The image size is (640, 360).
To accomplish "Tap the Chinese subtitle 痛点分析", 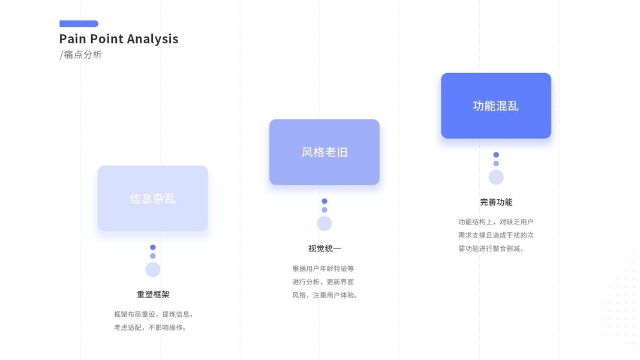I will pyautogui.click(x=83, y=55).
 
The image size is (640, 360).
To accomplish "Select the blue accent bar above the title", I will pyautogui.click(x=79, y=24).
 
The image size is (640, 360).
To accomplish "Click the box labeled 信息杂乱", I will pyautogui.click(x=152, y=198).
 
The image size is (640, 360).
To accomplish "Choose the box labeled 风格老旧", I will pyautogui.click(x=324, y=152).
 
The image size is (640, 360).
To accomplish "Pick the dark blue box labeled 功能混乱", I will pyautogui.click(x=495, y=106).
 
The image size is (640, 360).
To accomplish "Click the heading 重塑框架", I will pyautogui.click(x=153, y=295).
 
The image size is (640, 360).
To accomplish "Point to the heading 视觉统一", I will pyautogui.click(x=324, y=248).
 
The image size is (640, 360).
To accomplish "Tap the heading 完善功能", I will pyautogui.click(x=496, y=202).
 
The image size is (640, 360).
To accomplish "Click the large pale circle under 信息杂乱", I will pyautogui.click(x=153, y=269).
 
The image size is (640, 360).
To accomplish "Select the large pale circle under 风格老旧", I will pyautogui.click(x=324, y=223).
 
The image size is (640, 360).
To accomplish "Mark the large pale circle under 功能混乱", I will pyautogui.click(x=496, y=177).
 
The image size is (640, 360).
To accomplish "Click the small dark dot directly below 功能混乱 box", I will pyautogui.click(x=496, y=155).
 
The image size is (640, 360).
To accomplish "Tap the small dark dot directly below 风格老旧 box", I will pyautogui.click(x=324, y=201).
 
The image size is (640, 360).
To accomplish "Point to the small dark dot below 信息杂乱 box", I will pyautogui.click(x=153, y=247).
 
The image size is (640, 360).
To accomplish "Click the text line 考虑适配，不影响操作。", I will pyautogui.click(x=151, y=328).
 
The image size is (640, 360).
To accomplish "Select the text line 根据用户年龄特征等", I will pyautogui.click(x=323, y=268).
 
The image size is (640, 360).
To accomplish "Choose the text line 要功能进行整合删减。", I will pyautogui.click(x=491, y=248).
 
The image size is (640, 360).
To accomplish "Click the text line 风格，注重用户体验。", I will pyautogui.click(x=325, y=295).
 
